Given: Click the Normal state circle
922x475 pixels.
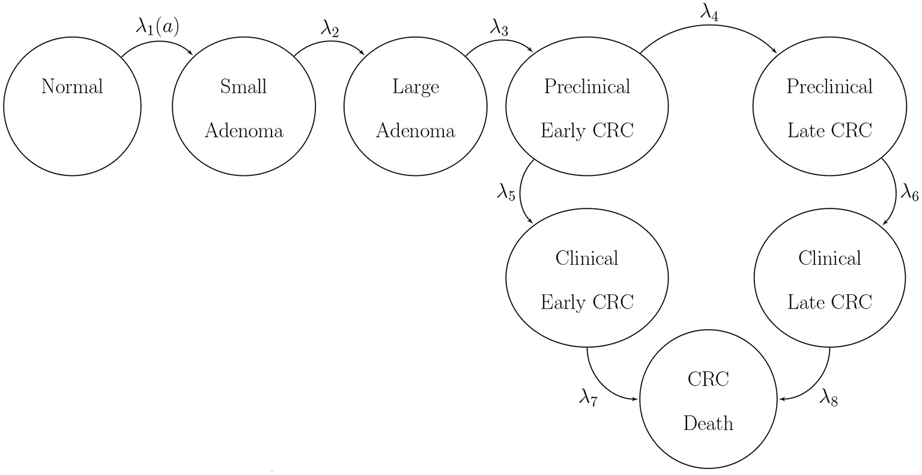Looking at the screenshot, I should tap(72, 107).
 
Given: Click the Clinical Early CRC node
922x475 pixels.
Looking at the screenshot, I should tap(587, 279).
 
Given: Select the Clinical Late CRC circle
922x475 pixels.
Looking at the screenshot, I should tap(829, 279).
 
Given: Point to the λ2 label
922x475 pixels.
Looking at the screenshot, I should tap(329, 29).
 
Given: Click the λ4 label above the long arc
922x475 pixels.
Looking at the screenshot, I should tap(709, 12).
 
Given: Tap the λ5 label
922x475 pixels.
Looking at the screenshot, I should tap(506, 195).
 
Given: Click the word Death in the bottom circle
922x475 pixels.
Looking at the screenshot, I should tap(708, 423).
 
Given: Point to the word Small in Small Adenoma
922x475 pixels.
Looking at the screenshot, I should tap(243, 86).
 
